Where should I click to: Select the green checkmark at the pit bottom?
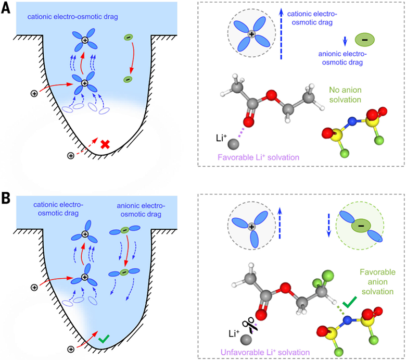click(x=105, y=339)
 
